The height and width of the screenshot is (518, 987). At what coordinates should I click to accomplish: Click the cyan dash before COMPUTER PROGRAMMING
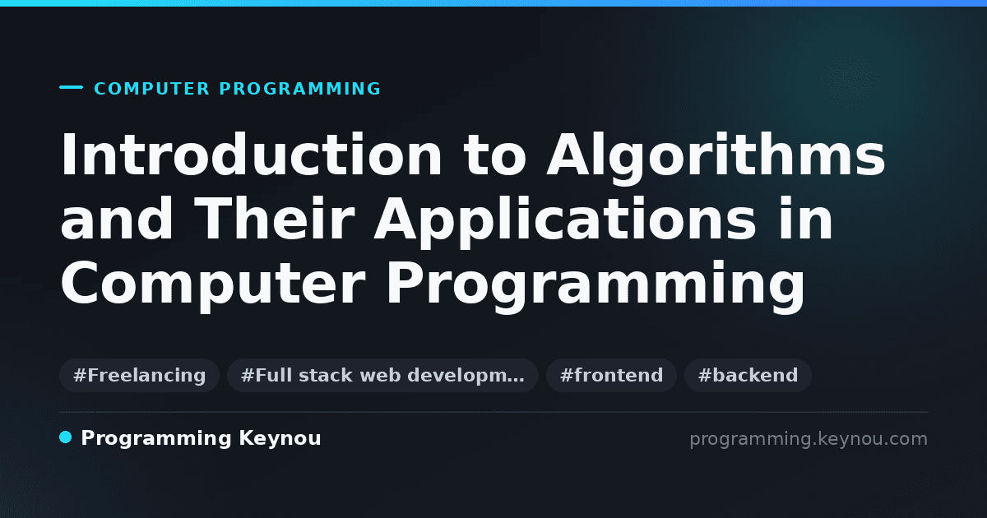tap(71, 87)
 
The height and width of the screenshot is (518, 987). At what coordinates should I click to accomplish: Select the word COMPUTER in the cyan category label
tap(151, 89)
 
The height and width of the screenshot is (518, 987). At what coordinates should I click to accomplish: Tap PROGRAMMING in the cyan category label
tap(299, 89)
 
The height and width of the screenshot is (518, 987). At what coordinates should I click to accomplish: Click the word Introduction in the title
tap(251, 155)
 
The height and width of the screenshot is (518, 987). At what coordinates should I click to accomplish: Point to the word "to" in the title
tap(494, 155)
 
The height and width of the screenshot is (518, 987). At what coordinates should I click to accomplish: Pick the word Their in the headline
tap(274, 218)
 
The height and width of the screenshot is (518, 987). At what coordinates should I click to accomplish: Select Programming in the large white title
tap(595, 286)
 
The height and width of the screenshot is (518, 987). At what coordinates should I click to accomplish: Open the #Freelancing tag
tap(139, 375)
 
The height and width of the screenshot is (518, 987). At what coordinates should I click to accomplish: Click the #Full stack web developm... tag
tap(382, 375)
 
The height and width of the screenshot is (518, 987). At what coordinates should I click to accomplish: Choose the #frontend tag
tap(611, 375)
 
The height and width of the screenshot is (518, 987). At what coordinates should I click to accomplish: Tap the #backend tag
tap(748, 375)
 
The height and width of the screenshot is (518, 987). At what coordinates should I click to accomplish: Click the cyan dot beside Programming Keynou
tap(66, 437)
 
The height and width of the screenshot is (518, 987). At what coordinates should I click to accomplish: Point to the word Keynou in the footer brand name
tap(280, 438)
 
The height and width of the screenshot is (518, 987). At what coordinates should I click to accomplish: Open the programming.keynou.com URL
tap(809, 439)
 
